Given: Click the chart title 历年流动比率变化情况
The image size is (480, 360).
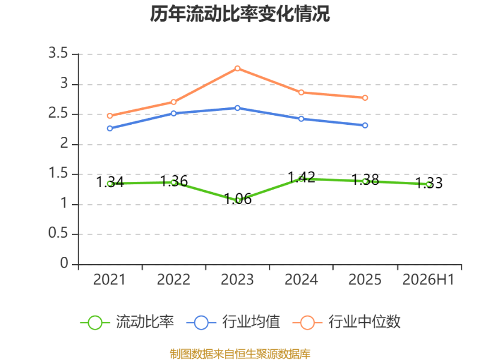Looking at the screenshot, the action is coord(239,14).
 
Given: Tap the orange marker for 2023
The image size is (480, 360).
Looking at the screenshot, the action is coord(237,68).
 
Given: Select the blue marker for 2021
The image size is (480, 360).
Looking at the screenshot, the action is coord(110,128).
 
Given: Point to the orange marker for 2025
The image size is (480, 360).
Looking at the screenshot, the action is coord(365,98).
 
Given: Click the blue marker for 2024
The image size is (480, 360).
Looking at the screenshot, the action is coord(301,119).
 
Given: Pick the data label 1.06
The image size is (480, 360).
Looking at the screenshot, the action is coord(238,199).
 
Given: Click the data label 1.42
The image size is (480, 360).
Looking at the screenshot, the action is coord(302,178).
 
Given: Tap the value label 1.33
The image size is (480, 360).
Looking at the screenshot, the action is coord(429,183).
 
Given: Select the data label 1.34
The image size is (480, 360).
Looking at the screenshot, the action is coord(110,182).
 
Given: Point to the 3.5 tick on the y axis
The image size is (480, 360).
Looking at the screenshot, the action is coord(58,53).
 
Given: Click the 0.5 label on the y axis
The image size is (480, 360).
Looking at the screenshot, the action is coord(58,233).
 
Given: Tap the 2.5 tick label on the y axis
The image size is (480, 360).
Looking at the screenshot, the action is coord(58,113).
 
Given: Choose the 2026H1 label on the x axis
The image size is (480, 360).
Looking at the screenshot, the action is coord(428,280).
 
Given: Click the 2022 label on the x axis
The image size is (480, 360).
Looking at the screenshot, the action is coord(173,280).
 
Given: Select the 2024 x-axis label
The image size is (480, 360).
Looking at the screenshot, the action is coord(301,280).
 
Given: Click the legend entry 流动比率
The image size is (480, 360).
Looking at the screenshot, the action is coord(127,322).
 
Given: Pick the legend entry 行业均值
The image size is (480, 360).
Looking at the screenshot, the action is coord(233,322).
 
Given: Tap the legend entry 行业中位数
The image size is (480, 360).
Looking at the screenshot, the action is coord(347,322).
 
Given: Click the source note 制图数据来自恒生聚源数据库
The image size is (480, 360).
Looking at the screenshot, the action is coord(240,354).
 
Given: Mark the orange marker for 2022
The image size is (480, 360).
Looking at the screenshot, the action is coord(173,102).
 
